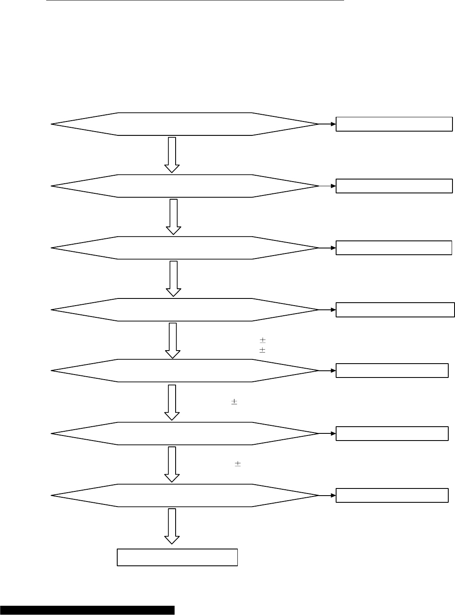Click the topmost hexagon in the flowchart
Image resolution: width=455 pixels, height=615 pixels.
(185, 124)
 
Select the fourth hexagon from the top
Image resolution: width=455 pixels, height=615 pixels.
(185, 310)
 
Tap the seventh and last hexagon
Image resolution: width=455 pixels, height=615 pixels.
(185, 495)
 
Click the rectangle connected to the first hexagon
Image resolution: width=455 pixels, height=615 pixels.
(394, 124)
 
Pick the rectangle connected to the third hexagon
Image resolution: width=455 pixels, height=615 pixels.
(394, 248)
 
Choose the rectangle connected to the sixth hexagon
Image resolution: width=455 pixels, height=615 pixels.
(392, 433)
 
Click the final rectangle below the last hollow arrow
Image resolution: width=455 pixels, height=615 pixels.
(177, 557)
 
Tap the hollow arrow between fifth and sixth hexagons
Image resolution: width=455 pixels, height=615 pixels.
(172, 402)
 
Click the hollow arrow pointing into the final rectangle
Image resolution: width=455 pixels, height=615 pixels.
(172, 526)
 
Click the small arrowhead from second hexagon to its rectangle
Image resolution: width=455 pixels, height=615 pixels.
(333, 186)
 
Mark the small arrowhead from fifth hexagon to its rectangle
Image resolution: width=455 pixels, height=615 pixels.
(333, 371)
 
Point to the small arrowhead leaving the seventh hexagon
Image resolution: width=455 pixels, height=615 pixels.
(333, 495)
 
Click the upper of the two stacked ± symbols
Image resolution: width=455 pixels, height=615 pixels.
(263, 340)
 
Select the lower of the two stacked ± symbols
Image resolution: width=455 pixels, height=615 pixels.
(263, 350)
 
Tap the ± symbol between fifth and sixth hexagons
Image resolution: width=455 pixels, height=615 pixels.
(234, 402)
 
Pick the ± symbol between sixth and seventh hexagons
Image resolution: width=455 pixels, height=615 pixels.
(237, 464)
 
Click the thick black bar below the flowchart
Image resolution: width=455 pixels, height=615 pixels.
(87, 610)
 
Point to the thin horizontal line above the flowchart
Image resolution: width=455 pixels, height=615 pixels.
(195, 1)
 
